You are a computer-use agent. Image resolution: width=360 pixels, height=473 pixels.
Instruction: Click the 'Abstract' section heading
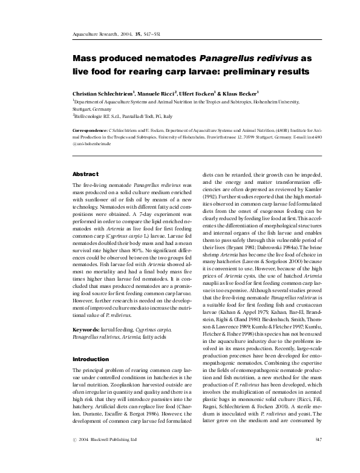tap(86, 174)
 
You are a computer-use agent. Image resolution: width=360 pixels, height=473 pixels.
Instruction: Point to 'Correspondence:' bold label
tap(89, 130)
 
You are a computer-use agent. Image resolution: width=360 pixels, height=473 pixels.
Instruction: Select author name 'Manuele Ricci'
tap(157, 95)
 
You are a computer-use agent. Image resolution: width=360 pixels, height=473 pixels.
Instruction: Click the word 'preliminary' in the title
tap(240, 72)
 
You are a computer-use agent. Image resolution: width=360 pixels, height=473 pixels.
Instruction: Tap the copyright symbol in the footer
tap(74, 455)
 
